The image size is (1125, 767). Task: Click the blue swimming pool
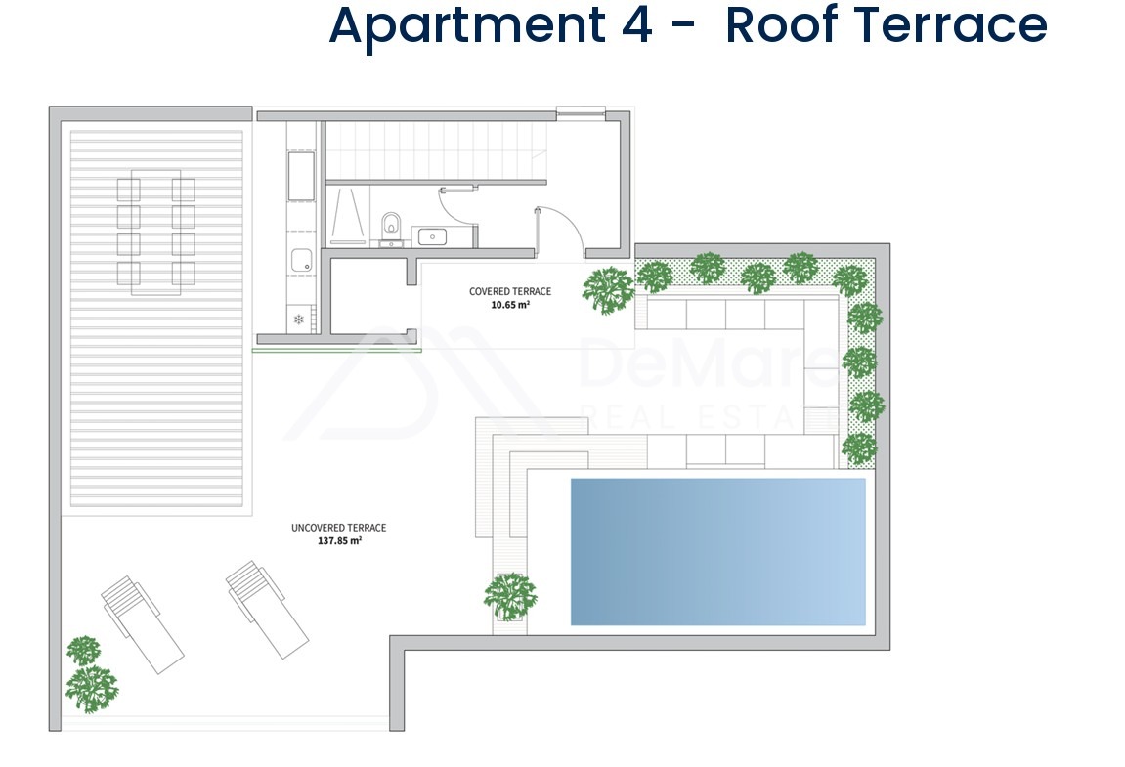718,552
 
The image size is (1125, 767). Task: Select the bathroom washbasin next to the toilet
432,235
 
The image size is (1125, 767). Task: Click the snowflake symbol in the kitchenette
298,320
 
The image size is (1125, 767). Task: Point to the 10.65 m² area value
510,304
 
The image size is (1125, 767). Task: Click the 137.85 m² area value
339,540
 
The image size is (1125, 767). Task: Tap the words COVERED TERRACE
510,291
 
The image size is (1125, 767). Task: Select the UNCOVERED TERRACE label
338,528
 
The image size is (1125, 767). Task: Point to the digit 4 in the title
636,25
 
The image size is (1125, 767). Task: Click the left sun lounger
142,624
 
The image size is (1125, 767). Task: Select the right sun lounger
267,609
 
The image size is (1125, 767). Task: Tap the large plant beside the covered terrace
608,290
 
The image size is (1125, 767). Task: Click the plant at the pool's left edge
510,596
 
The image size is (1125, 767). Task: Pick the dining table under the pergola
155,233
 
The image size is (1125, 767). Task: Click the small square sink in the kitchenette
301,261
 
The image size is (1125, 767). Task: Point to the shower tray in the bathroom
348,215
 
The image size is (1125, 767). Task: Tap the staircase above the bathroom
436,150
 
